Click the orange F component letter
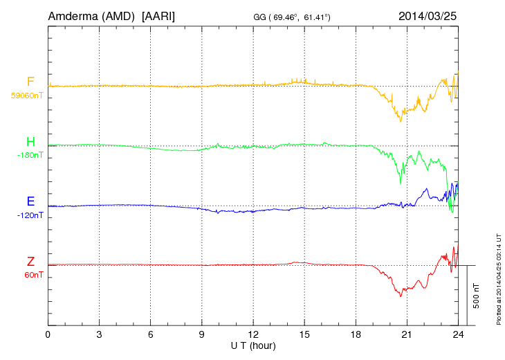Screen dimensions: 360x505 pos(30,82)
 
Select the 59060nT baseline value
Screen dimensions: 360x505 pos(26,96)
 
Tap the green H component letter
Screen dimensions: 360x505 pos(30,142)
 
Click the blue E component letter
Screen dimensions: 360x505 pos(30,201)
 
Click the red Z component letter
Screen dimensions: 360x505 pos(30,262)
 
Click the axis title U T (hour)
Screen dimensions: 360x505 pos(253,345)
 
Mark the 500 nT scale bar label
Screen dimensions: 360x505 pos(477,296)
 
